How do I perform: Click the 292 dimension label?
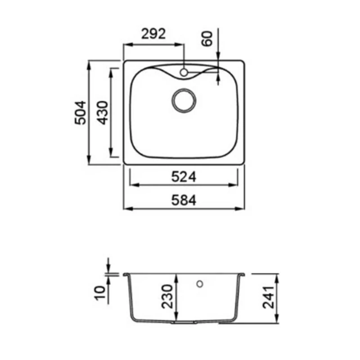(x=153, y=34)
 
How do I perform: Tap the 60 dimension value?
(x=207, y=39)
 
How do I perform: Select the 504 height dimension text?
(x=81, y=113)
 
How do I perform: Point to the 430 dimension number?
(x=103, y=113)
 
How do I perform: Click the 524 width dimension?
(x=184, y=177)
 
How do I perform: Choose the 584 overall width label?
(x=184, y=200)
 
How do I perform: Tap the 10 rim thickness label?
(x=100, y=293)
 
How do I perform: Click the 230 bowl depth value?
(x=167, y=297)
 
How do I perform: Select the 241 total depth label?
(x=268, y=297)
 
